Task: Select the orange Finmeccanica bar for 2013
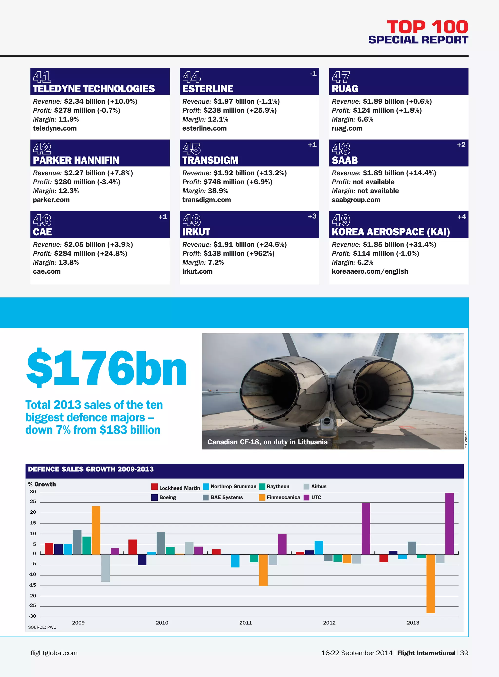click(431, 583)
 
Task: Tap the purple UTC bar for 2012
click(366, 528)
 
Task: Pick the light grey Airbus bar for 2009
click(106, 567)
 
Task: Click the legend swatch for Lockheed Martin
click(154, 487)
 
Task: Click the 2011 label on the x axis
click(246, 623)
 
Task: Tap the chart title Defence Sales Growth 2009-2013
click(91, 469)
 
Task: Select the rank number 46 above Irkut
click(192, 220)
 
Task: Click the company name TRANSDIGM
click(210, 160)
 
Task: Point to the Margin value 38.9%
click(218, 191)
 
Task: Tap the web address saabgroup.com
click(356, 200)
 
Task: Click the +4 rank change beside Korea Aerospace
click(461, 217)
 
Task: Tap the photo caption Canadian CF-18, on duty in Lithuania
click(267, 442)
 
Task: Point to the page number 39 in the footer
click(464, 653)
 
